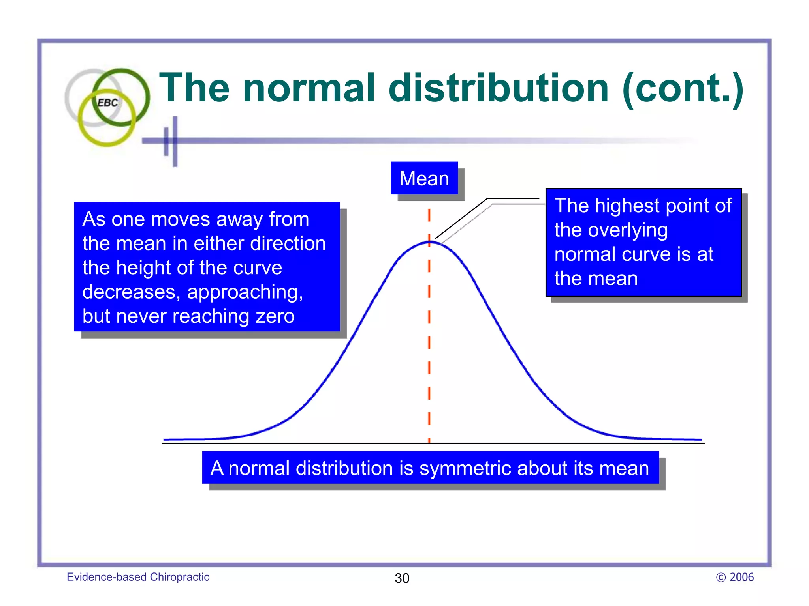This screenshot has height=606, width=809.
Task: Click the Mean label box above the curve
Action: point(424,178)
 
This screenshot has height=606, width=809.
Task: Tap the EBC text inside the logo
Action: point(107,103)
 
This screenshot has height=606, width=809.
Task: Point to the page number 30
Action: point(402,578)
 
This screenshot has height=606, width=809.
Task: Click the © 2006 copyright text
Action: point(735,577)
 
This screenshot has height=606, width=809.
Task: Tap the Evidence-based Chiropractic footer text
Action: point(138,577)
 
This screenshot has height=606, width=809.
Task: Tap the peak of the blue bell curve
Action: point(429,242)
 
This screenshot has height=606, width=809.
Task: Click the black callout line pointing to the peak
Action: point(461,219)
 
